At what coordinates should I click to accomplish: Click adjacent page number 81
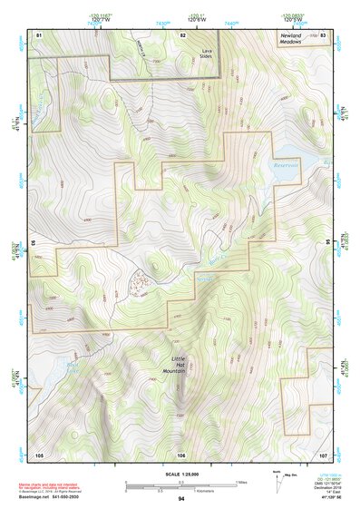[x=39, y=34]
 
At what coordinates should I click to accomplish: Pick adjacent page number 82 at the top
[x=182, y=34]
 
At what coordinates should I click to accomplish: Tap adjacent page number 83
[x=323, y=34]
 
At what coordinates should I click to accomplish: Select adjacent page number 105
[x=39, y=453]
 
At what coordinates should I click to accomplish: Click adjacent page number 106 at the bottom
[x=181, y=453]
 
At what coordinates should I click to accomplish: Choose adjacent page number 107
[x=323, y=453]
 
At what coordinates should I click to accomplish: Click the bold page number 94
[x=181, y=499]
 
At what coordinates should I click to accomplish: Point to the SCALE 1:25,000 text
[x=180, y=475]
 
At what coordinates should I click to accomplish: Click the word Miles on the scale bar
[x=241, y=481]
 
